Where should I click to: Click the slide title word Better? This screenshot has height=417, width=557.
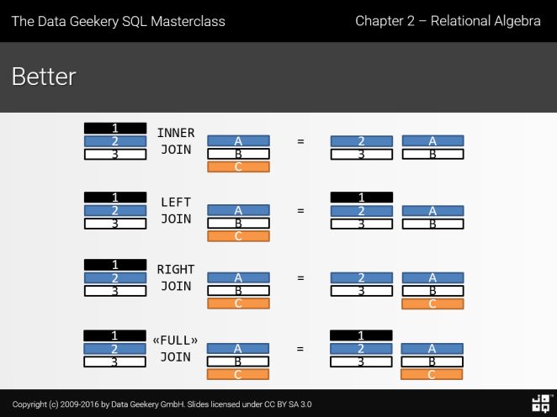pos(44,77)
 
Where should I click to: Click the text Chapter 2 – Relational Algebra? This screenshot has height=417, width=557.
pos(448,20)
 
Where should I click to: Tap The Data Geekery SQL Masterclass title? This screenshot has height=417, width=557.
pos(118,21)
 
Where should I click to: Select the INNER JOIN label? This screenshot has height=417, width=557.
pos(176,141)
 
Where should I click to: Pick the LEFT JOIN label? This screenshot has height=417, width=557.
pos(176,210)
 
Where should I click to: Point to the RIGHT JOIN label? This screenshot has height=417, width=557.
pos(176,277)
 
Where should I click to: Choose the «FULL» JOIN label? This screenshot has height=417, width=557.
pos(176,348)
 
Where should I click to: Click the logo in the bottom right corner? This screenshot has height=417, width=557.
pos(541,403)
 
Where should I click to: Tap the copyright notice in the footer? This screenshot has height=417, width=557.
pos(162,404)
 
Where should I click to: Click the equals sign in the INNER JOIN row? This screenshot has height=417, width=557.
pos(300,141)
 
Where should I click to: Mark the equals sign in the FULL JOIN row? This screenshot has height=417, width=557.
pos(300,348)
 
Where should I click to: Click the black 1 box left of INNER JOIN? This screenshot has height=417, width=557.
pos(115,128)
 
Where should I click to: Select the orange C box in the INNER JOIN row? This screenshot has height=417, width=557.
pos(238,166)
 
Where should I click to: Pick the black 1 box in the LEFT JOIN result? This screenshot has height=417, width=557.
pos(361,198)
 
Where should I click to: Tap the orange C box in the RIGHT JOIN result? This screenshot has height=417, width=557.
pos(432,304)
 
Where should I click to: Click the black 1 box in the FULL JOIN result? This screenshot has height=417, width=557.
pos(361,335)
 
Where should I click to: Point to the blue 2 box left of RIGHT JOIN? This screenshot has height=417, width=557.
pos(115,277)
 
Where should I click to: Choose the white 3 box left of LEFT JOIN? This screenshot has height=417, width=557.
pos(115,224)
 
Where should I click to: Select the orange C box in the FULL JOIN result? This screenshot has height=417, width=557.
pos(432,374)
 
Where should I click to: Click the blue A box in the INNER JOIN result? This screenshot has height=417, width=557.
pos(432,141)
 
